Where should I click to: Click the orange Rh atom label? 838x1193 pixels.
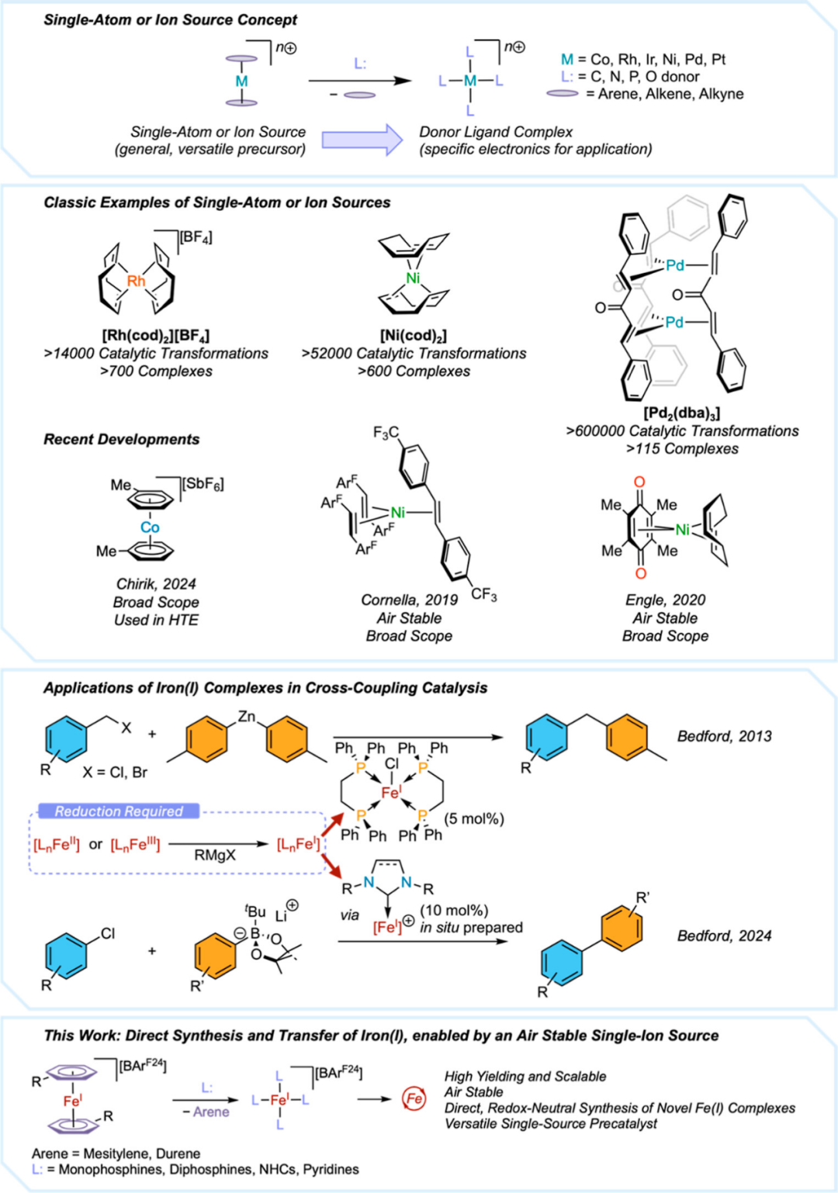point(137,281)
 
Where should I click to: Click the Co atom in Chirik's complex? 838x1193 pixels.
point(150,527)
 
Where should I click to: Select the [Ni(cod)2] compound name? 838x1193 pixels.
point(414,336)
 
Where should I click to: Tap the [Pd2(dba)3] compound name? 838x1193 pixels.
point(682,413)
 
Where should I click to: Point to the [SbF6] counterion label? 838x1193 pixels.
point(203,485)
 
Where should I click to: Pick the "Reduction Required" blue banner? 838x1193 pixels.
point(119,811)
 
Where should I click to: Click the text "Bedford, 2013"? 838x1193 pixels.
point(725,736)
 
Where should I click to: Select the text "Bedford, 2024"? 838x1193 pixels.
point(725,935)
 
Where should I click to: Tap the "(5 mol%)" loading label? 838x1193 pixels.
point(474,818)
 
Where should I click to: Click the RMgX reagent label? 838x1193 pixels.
point(215,855)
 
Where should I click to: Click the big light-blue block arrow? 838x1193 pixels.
point(362,140)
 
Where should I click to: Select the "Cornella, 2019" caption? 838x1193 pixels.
point(409,600)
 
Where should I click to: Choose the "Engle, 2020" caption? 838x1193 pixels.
point(665,600)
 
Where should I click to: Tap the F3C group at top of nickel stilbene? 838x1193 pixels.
point(386,433)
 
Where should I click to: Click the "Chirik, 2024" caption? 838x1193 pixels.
point(156,584)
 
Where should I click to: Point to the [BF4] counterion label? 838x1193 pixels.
point(196,237)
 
